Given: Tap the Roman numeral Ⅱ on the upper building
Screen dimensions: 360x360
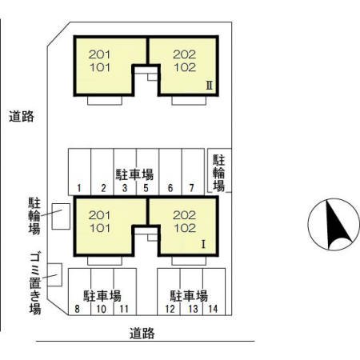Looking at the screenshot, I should pyautogui.click(x=208, y=82).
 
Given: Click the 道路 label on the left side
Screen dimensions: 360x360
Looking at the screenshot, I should pyautogui.click(x=22, y=117).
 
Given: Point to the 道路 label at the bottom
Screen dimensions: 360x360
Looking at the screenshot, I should pyautogui.click(x=142, y=334).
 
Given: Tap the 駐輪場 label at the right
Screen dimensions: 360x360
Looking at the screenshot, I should pyautogui.click(x=218, y=172).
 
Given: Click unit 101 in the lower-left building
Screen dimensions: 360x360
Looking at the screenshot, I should pyautogui.click(x=100, y=227).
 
